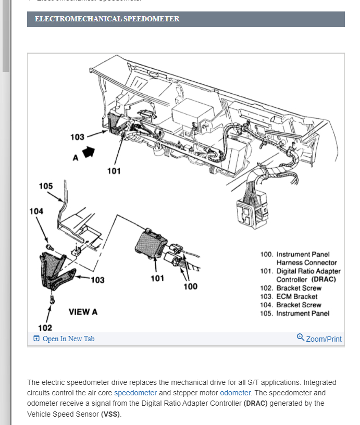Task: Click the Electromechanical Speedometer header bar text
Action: [x=107, y=19]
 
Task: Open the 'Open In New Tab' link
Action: [x=68, y=339]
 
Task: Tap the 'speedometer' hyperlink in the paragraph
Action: [x=135, y=393]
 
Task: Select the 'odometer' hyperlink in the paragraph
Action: [x=235, y=393]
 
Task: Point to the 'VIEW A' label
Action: [x=83, y=312]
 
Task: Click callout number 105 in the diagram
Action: [x=46, y=186]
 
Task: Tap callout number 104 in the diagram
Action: [x=36, y=211]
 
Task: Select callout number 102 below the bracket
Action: [x=45, y=327]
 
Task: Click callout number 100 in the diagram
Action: [x=191, y=286]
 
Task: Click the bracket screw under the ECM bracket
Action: [x=53, y=300]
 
